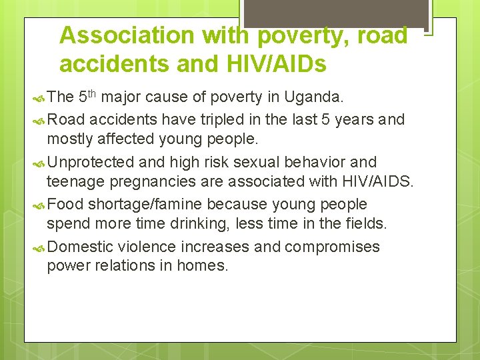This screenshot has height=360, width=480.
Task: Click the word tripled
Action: (x=210, y=119)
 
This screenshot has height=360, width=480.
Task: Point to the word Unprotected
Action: (x=91, y=162)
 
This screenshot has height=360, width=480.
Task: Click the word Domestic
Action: (x=81, y=247)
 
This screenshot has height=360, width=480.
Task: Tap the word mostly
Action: (x=68, y=139)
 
